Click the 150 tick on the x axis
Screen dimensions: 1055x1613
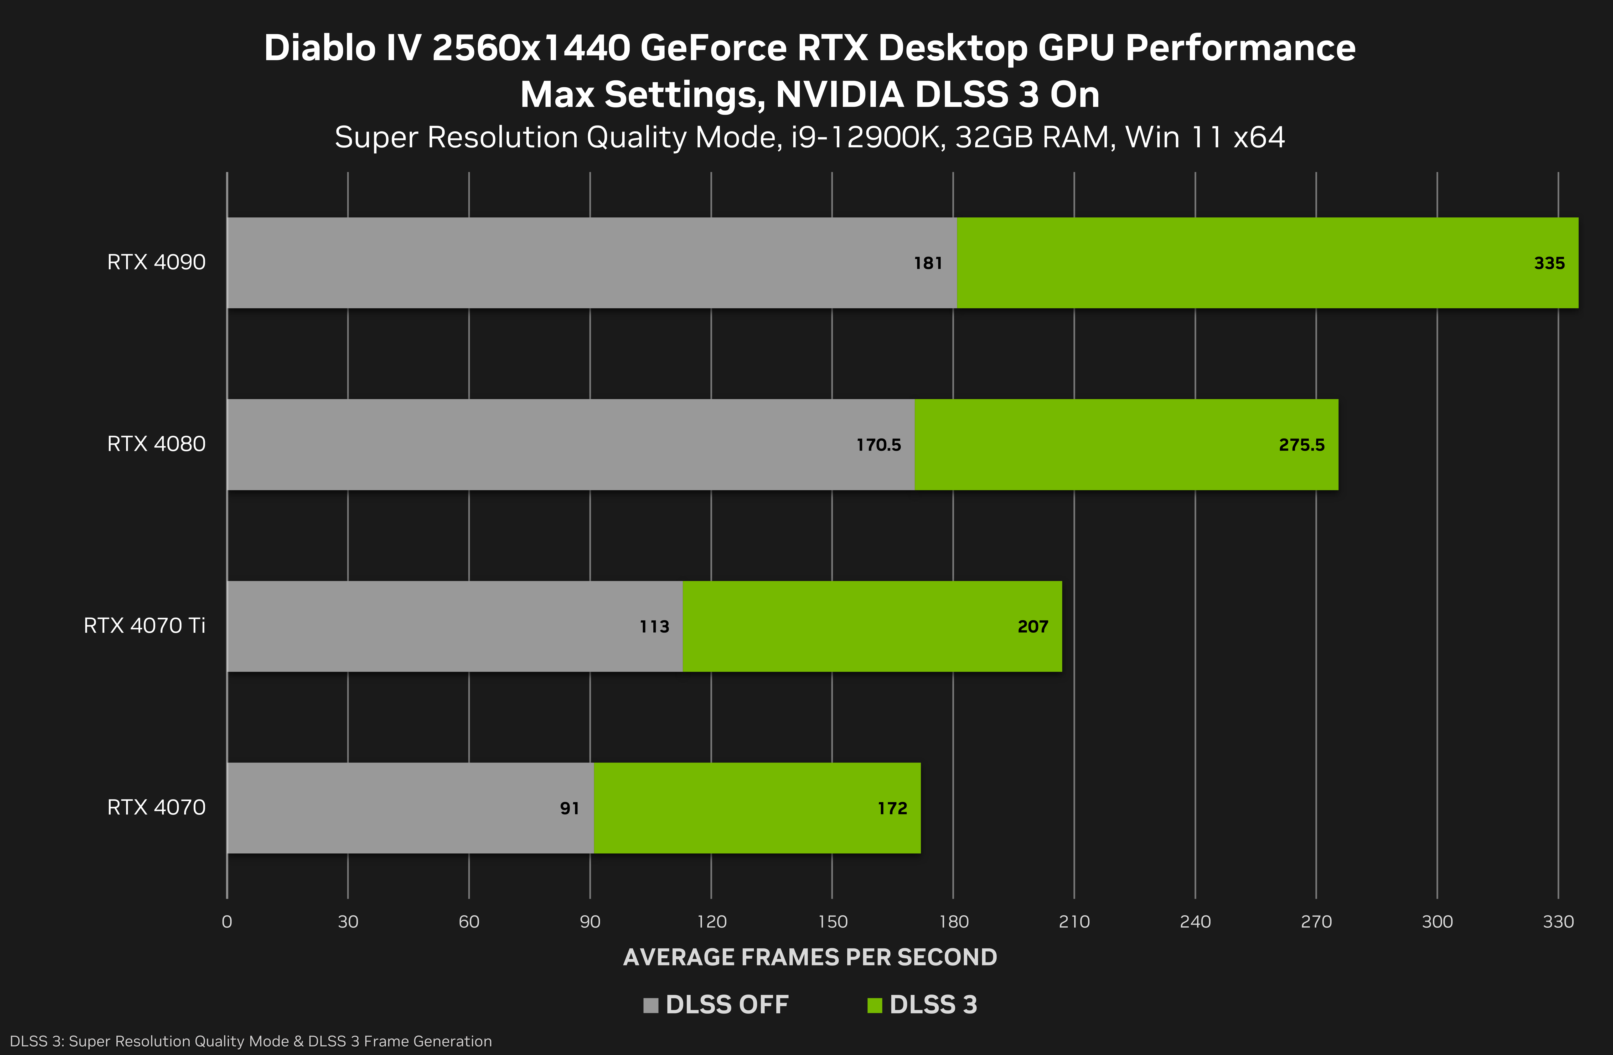tap(832, 922)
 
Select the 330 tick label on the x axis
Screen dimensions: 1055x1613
tap(1558, 922)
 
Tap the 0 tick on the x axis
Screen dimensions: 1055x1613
tap(227, 922)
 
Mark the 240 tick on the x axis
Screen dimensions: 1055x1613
tap(1195, 922)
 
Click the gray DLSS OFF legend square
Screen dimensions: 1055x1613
tap(651, 1005)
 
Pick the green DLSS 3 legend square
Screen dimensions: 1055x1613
tap(874, 1005)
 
